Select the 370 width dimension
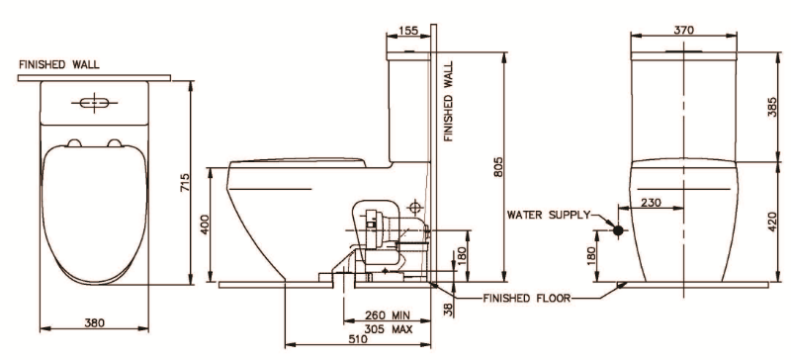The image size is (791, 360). tap(683, 31)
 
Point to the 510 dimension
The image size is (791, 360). tap(358, 339)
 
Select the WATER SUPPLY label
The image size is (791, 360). tap(548, 214)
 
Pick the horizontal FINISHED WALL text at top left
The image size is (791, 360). tap(58, 65)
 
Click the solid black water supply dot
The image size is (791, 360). tap(619, 231)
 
